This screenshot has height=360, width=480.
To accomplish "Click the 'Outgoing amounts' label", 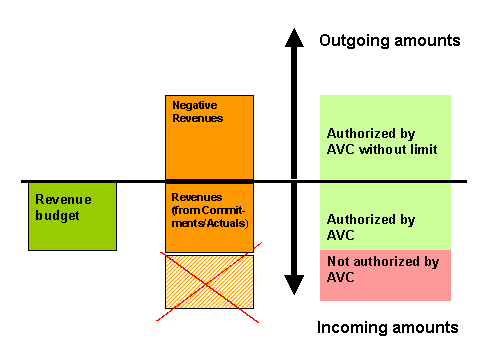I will pos(389,41).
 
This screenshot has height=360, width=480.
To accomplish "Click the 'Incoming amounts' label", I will pos(388,327).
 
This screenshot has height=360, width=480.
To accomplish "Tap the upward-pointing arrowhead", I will pos(293,39).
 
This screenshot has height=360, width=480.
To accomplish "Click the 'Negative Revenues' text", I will pos(197,111).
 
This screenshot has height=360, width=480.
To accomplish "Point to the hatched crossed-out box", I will pos(209,281).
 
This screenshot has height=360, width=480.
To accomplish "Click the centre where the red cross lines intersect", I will pos(208,281).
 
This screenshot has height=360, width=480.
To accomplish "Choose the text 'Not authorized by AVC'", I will pos(384,269).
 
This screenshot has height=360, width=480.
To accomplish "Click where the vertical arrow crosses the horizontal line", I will pos(293,181).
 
